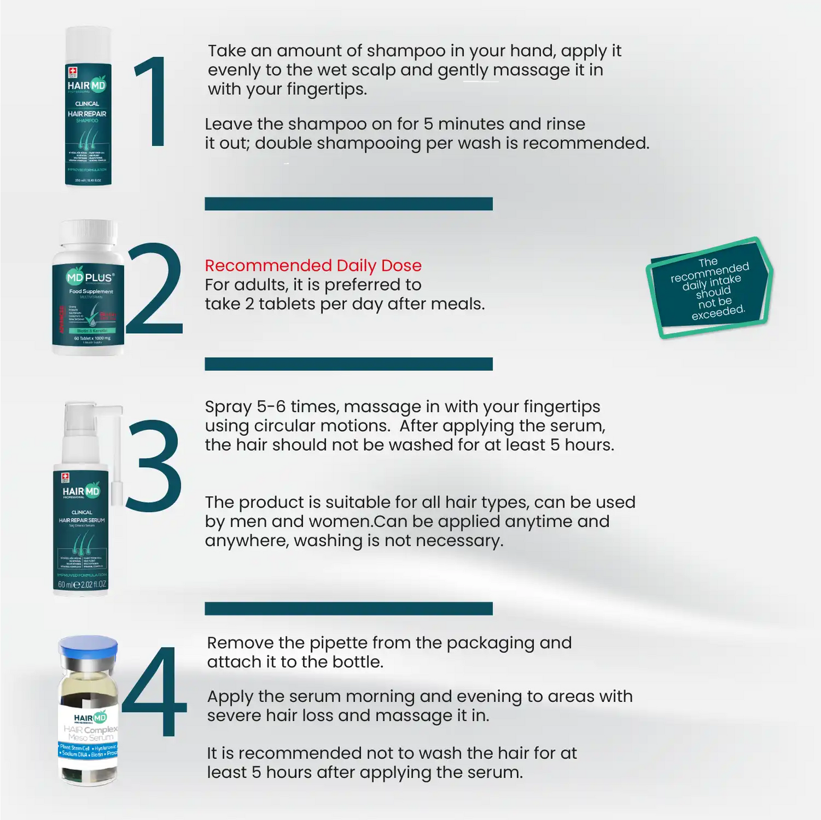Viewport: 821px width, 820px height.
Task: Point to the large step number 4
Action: click(155, 693)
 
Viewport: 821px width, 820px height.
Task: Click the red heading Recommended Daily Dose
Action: click(313, 265)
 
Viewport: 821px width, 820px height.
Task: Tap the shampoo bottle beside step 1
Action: click(88, 108)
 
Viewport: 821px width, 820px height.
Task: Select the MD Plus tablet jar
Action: click(88, 290)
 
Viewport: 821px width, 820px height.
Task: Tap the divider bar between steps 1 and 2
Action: click(348, 204)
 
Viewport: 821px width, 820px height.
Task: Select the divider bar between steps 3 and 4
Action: click(348, 608)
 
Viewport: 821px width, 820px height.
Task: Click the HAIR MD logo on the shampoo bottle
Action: click(86, 86)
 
